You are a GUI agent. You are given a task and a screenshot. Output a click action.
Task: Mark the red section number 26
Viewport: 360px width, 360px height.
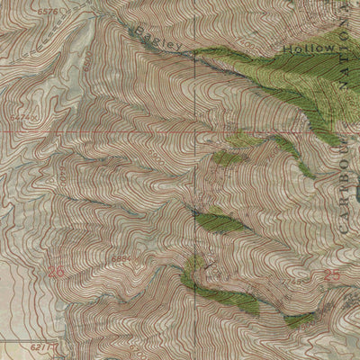pyautogui.click(x=58, y=270)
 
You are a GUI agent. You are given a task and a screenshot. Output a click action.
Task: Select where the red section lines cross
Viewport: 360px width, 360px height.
pyautogui.click(x=201, y=131)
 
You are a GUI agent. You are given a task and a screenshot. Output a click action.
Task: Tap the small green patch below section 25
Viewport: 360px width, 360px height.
pyautogui.click(x=300, y=319)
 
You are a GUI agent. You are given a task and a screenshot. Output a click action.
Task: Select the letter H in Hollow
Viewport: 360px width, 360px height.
pyautogui.click(x=287, y=47)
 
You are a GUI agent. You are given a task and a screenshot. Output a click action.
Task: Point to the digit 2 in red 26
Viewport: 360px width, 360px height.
pyautogui.click(x=53, y=270)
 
